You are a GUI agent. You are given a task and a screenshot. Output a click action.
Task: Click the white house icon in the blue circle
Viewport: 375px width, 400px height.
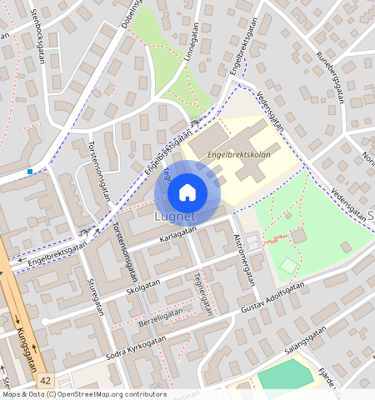pos(187,192)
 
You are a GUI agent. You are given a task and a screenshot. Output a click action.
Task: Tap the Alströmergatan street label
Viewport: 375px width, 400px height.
pos(244,261)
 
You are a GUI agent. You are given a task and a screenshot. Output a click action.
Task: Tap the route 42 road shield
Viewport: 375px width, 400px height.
pos(44,379)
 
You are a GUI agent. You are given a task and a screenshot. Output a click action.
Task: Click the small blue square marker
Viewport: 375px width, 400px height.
pos(30,172)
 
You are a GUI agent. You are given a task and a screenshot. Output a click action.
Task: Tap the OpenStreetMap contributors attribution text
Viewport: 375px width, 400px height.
pos(83,394)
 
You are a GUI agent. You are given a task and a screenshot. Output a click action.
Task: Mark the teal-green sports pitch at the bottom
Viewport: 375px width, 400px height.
pos(286,377)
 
